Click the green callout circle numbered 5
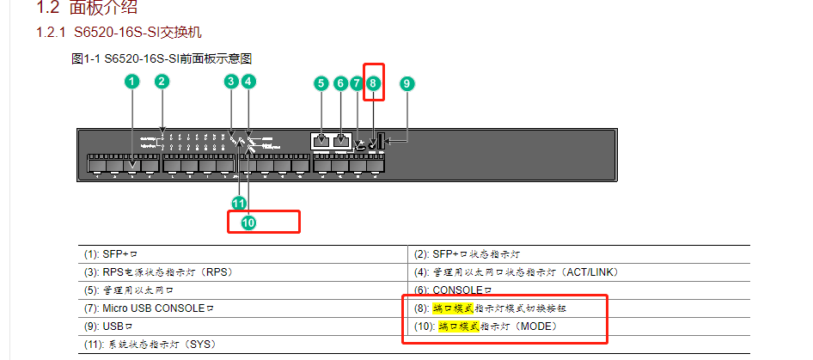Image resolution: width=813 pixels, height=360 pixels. [x=321, y=83]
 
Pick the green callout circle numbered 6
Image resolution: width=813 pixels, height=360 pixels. [x=340, y=83]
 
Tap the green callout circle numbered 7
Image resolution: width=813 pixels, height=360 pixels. [x=357, y=83]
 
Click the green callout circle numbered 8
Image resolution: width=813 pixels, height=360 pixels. [x=373, y=83]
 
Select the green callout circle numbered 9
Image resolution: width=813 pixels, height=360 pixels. [x=407, y=83]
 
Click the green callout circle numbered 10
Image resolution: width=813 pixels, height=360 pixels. [x=248, y=223]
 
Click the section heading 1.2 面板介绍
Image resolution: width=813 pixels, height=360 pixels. [x=86, y=9]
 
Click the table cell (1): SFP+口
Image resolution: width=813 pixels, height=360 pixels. [x=112, y=254]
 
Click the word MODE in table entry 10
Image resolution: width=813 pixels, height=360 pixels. [x=538, y=326]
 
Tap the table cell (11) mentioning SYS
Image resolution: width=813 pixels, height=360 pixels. [x=150, y=345]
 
